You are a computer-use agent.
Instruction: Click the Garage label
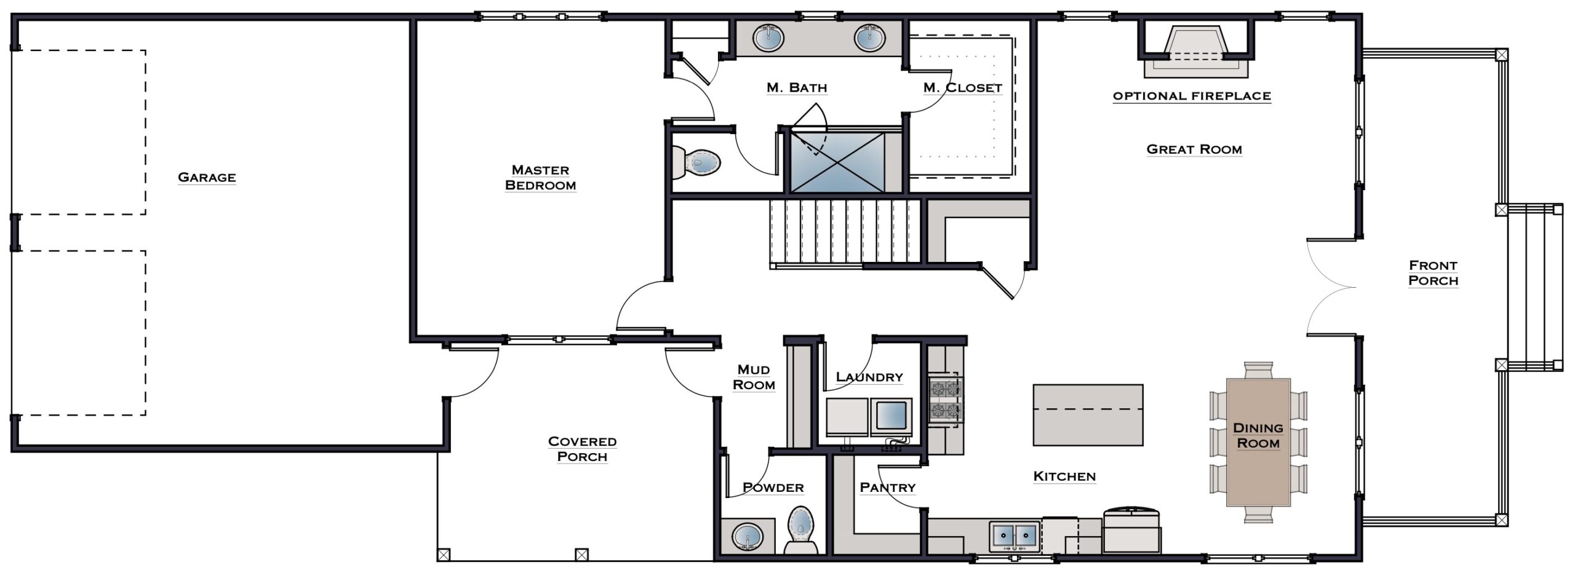[x=207, y=177]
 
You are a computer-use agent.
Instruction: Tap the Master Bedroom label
[x=540, y=177]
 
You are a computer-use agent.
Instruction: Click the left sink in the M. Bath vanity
[x=768, y=39]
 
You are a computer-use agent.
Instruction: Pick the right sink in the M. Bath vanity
[x=869, y=39]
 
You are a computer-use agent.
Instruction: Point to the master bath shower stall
[x=837, y=162]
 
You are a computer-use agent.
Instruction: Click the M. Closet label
[x=962, y=88]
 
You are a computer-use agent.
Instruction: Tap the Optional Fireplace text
[x=1192, y=96]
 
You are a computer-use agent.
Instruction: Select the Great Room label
[x=1194, y=149]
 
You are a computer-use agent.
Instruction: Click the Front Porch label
[x=1433, y=273]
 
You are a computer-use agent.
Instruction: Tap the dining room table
[x=1258, y=441]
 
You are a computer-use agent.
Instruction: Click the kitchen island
[x=1088, y=414]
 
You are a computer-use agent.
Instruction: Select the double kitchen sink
[x=1015, y=536]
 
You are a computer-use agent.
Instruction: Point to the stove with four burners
[x=946, y=400]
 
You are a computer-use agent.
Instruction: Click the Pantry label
[x=887, y=488]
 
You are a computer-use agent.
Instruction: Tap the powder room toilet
[x=801, y=530]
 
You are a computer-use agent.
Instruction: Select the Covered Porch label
[x=582, y=449]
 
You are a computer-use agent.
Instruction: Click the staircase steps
[x=845, y=232]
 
